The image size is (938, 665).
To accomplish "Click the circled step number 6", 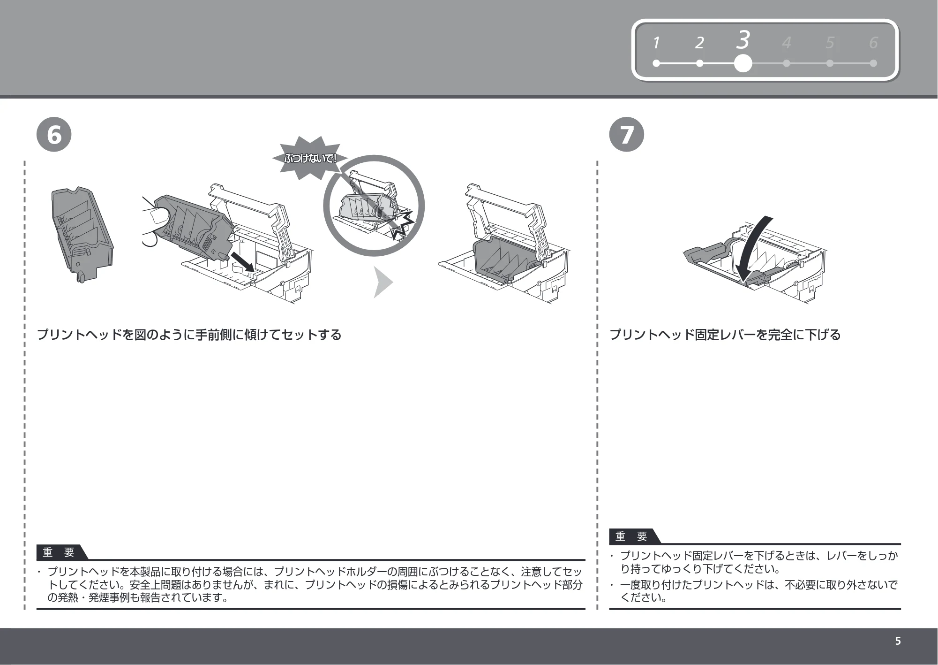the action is point(54,134).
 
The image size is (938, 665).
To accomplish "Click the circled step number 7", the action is point(627,134).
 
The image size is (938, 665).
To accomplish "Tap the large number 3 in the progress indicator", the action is point(743,40).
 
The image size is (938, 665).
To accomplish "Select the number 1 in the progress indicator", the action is point(656,43).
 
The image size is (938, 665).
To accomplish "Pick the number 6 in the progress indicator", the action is point(873,43).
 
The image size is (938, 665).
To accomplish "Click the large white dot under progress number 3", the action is point(743,63).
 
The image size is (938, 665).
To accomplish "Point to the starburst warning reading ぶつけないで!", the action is point(309,158).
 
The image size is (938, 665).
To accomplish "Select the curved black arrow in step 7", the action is point(752,251).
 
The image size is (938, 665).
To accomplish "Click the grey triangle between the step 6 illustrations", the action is point(383,282).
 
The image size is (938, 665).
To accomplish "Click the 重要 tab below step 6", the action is point(60,552).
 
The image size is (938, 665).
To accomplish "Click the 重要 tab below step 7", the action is point(632,536).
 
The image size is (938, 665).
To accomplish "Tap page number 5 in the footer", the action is point(898,641).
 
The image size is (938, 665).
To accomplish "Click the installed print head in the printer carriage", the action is point(504,261).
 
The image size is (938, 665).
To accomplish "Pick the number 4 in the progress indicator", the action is point(786,43).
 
